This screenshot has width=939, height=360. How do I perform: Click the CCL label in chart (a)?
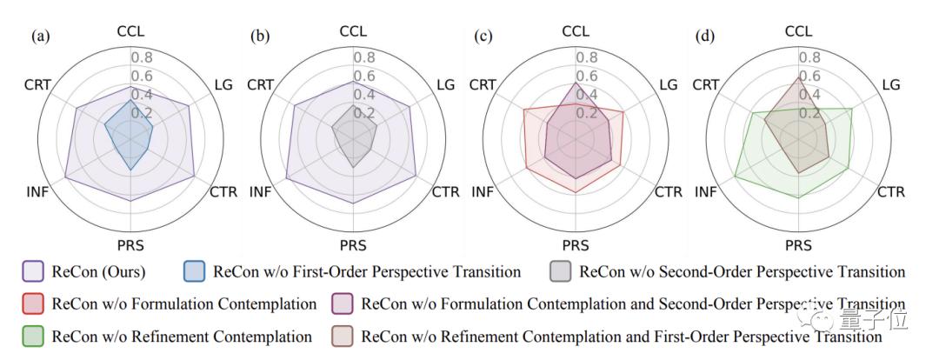(x=130, y=31)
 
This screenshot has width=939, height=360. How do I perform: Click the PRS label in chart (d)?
(x=798, y=244)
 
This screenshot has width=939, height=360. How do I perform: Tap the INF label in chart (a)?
(x=37, y=191)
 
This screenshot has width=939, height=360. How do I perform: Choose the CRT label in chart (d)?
(x=705, y=84)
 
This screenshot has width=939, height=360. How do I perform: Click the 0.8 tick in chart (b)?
(x=364, y=58)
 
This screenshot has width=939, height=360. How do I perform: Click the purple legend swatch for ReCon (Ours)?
(x=31, y=272)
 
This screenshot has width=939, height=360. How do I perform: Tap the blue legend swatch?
(x=196, y=272)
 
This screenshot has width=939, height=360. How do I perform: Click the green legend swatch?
(x=31, y=336)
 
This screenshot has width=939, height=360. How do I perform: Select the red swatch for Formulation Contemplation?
(x=31, y=304)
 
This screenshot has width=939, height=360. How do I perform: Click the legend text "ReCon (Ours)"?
(x=98, y=272)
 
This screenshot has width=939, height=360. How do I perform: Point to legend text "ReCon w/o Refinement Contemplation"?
(x=182, y=336)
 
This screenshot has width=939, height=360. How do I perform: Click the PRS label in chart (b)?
(x=353, y=244)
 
